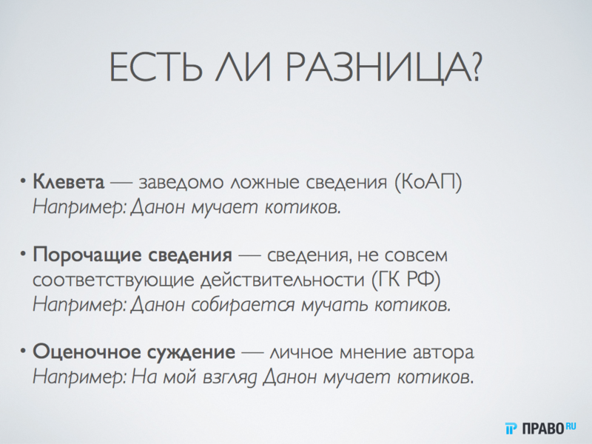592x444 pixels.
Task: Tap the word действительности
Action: click(274, 280)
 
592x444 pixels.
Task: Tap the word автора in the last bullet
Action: click(443, 351)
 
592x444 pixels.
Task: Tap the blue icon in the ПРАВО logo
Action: click(511, 427)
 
